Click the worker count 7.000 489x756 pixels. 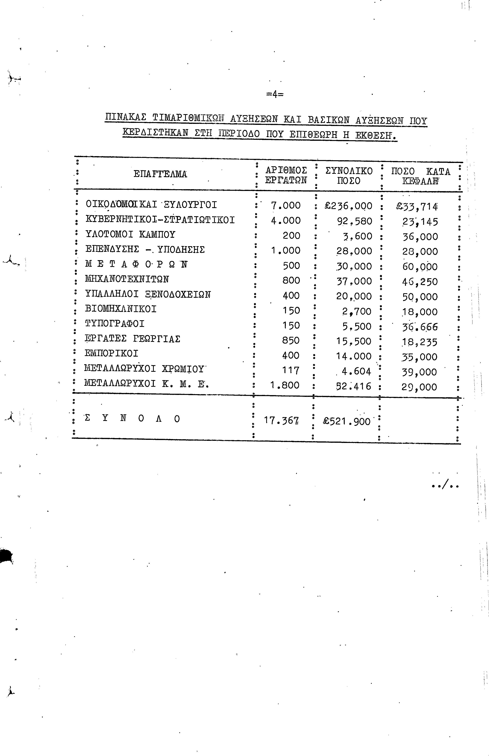point(286,206)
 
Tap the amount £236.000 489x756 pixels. point(348,206)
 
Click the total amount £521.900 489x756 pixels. point(347,421)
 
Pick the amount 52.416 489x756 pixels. point(353,386)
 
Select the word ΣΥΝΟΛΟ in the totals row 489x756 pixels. point(132,419)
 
